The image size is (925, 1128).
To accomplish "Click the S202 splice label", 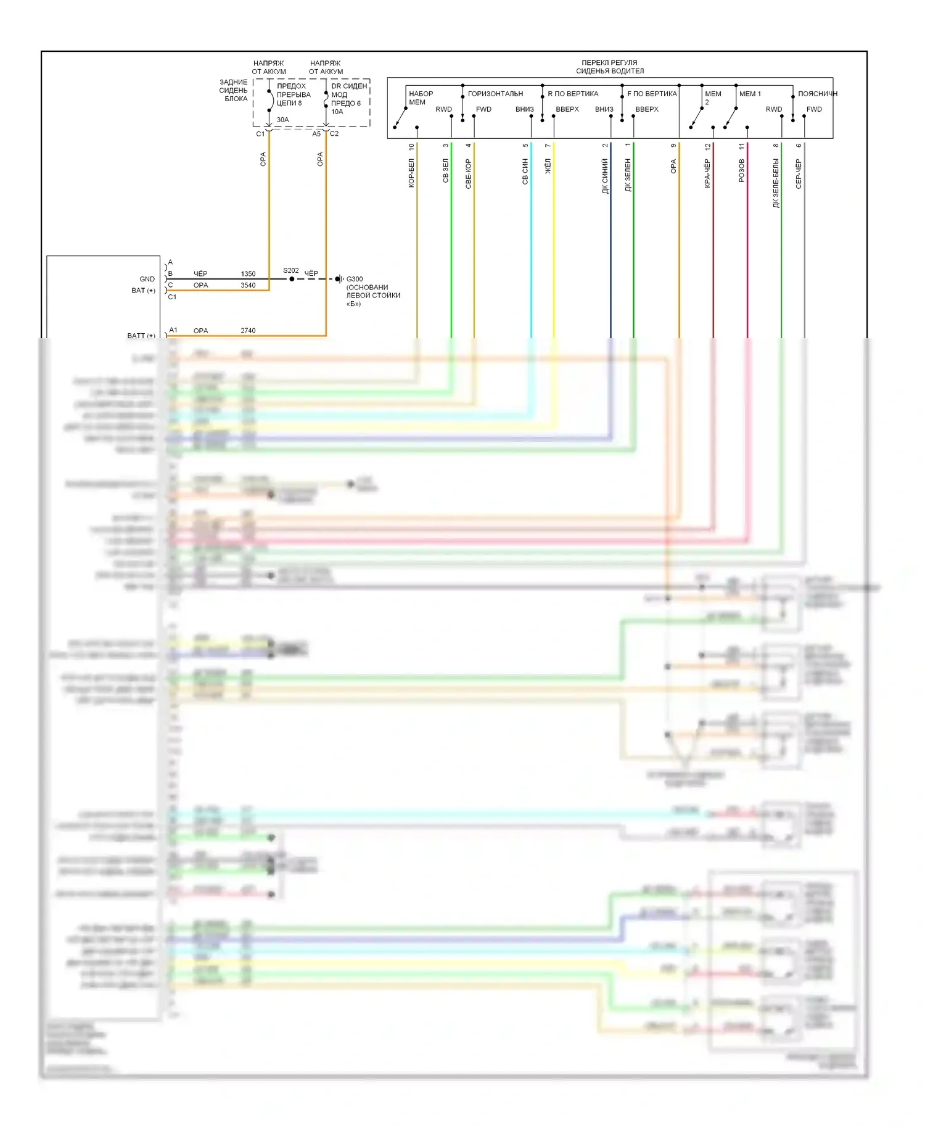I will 290,270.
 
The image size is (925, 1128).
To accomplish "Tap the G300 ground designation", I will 355,279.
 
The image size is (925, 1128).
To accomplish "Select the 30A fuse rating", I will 282,120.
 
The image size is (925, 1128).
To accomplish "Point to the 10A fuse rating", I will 337,112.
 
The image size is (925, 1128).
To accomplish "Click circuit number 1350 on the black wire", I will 248,273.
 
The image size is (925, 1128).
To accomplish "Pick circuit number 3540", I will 248,285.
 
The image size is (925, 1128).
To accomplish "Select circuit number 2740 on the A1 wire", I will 248,331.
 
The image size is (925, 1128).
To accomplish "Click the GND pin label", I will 147,279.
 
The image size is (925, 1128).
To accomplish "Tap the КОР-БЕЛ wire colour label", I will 411,173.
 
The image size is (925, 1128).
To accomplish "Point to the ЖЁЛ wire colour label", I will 548,166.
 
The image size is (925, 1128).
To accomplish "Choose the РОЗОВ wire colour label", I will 741,170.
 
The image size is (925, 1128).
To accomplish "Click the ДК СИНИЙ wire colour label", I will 605,176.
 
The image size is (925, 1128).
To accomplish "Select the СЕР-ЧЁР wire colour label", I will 799,173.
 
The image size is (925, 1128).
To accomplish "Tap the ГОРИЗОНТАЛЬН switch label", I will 495,94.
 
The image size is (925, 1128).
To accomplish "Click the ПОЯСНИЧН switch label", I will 817,94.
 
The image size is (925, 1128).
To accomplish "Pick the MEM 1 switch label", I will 750,94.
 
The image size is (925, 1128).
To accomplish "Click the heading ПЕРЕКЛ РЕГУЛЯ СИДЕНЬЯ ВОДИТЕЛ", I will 609,67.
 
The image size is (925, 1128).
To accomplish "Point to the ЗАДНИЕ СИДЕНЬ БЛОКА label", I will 234,90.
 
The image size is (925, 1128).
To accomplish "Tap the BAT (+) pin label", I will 143,291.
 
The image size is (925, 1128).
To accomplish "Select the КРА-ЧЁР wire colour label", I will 707,173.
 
